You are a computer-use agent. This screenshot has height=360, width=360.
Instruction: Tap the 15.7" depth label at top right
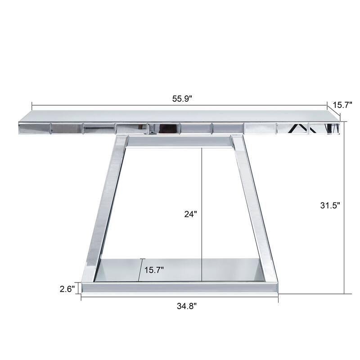(342, 105)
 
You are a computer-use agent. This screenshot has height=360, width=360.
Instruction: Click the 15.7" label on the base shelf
(154, 270)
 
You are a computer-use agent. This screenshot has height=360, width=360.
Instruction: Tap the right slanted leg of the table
(254, 207)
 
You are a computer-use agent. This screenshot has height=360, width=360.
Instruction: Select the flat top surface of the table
(180, 115)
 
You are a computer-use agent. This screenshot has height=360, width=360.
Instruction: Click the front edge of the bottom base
(180, 287)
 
